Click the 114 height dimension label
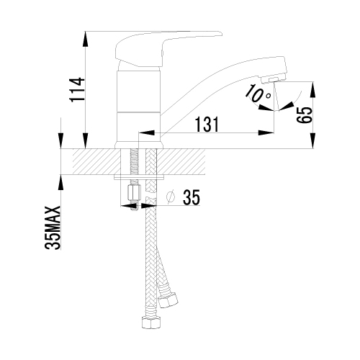pos(77,89)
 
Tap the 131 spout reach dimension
pos(207,125)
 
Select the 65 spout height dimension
pos(305,115)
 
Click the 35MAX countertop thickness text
pos(53,228)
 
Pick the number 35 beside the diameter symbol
pos(192,197)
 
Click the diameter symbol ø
pos(171,197)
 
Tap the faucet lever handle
pos(166,48)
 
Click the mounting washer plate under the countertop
pos(139,177)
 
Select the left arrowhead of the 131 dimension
pos(146,132)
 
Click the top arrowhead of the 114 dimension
pos(85,39)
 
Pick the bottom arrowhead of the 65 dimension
pos(312,141)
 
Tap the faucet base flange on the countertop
pos(139,145)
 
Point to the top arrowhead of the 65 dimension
pos(312,89)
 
